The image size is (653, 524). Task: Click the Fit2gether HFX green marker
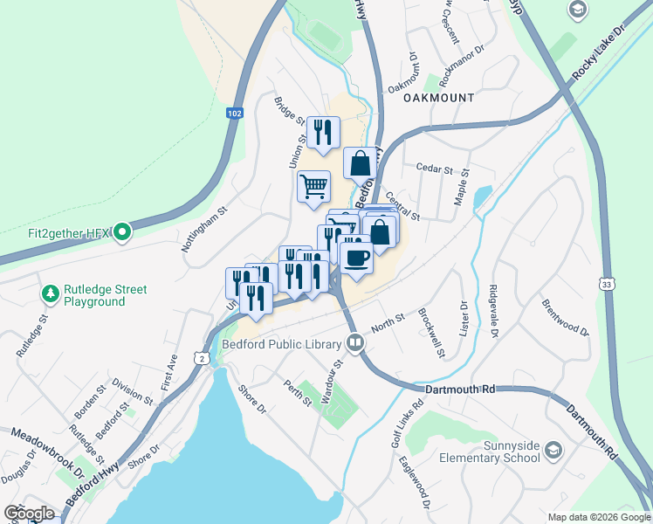pyautogui.click(x=122, y=232)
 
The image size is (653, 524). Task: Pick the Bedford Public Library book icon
pyautogui.click(x=354, y=343)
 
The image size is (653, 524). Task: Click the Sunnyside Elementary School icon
pyautogui.click(x=552, y=451)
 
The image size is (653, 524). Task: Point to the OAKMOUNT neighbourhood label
pyautogui.click(x=438, y=99)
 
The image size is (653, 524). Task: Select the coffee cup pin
pyautogui.click(x=356, y=259)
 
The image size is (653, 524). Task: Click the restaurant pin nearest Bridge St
pyautogui.click(x=323, y=132)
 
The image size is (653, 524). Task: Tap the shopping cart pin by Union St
pyautogui.click(x=313, y=186)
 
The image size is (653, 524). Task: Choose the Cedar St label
pyautogui.click(x=436, y=169)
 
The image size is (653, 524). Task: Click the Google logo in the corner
pyautogui.click(x=29, y=514)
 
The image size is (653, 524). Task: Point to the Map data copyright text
pyautogui.click(x=598, y=517)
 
